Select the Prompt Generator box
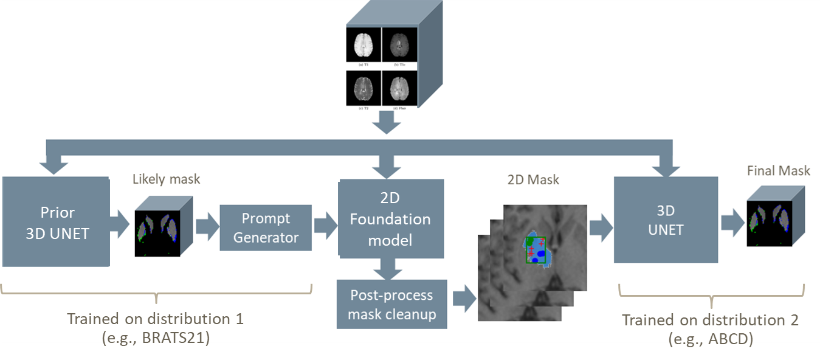(266, 227)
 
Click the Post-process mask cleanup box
(391, 304)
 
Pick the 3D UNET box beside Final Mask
(666, 220)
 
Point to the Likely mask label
(166, 179)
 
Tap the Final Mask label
(779, 171)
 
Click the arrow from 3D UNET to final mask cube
(732, 225)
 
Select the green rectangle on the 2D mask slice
(536, 250)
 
